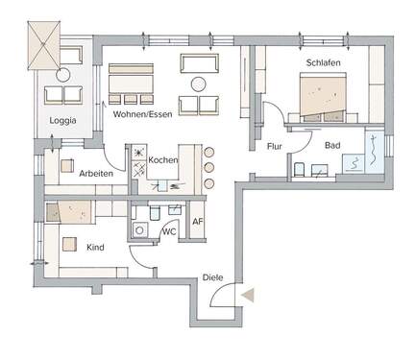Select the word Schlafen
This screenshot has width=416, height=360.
323,62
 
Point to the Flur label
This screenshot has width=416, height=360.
275,146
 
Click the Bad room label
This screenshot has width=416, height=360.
332,146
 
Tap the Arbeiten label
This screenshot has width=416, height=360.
97,174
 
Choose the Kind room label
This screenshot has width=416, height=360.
95,248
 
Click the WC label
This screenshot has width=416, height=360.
167,231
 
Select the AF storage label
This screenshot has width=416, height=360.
198,222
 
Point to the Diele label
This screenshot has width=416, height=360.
213,277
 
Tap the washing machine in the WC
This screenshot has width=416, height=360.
140,230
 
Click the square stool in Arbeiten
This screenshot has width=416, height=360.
68,164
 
